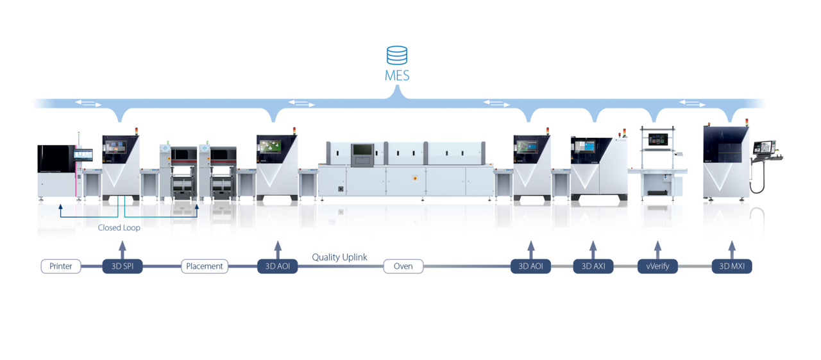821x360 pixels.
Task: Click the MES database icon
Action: click(397, 55)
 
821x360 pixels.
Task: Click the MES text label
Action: click(397, 75)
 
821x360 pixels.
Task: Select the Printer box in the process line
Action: click(61, 266)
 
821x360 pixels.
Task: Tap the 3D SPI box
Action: click(123, 266)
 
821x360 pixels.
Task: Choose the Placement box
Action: click(205, 266)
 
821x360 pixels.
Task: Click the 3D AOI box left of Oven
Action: click(277, 266)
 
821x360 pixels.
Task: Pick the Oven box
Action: click(403, 266)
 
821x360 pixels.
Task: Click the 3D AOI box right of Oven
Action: click(530, 266)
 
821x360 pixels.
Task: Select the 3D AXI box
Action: click(593, 266)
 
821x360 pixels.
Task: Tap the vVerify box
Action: click(657, 266)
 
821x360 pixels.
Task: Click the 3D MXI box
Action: click(732, 266)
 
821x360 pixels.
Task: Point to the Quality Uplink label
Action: click(339, 257)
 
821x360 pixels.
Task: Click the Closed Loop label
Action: click(119, 228)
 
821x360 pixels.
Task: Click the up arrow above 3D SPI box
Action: click(123, 249)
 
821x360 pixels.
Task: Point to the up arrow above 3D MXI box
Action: click(732, 249)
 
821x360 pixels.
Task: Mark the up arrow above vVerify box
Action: click(657, 249)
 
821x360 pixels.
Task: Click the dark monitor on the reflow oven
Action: click(362, 151)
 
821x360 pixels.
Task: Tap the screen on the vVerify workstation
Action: click(658, 139)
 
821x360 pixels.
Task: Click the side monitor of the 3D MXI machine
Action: click(764, 146)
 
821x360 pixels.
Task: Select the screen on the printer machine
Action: click(83, 155)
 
